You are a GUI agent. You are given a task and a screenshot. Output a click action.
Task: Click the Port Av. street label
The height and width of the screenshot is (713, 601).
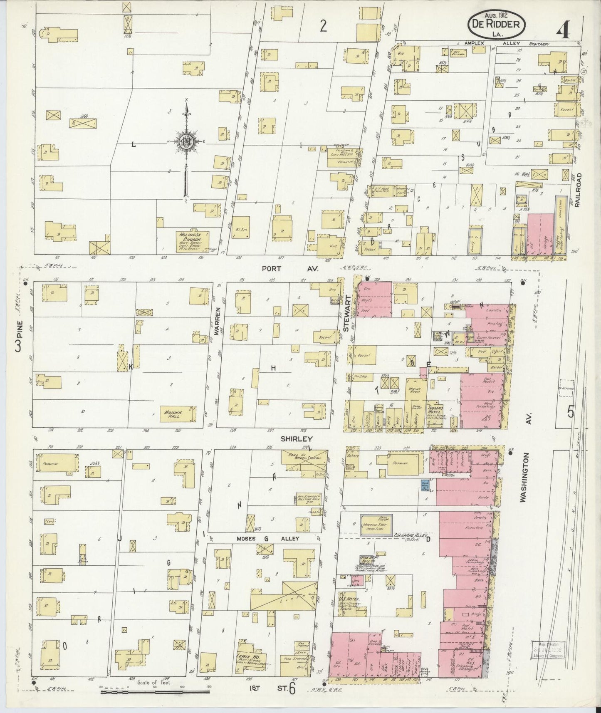pos(289,269)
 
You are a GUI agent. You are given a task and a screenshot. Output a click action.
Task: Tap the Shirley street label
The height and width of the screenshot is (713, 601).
pos(296,439)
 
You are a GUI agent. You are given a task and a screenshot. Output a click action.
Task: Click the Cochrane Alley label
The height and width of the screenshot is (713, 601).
pos(411,537)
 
